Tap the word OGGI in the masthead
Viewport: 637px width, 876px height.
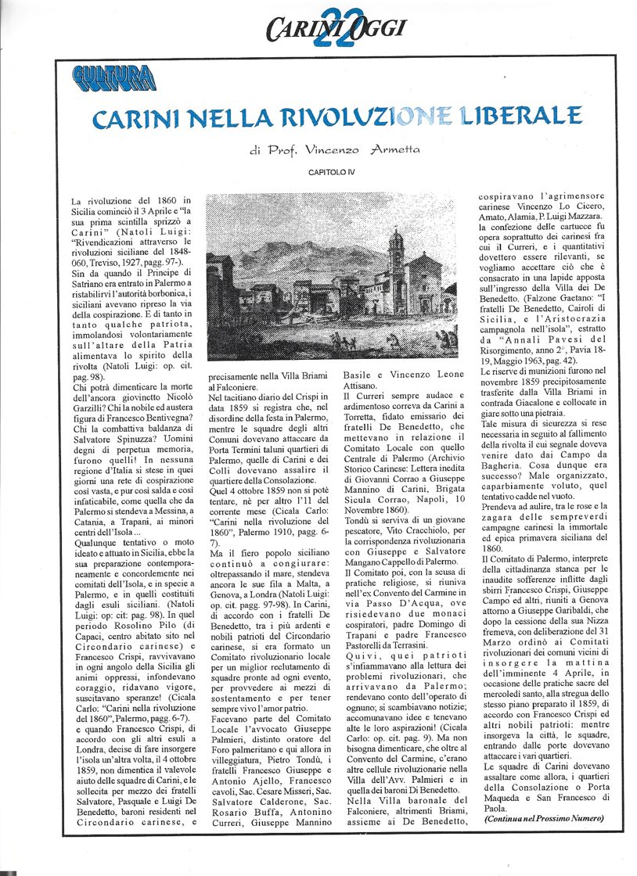pyautogui.click(x=377, y=28)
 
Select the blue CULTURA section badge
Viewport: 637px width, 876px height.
pyautogui.click(x=113, y=77)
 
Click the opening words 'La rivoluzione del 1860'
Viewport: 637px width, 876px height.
pyautogui.click(x=125, y=201)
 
